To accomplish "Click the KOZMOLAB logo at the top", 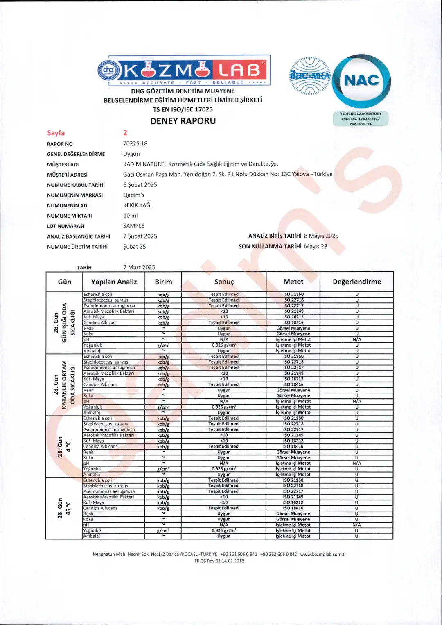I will point(184,70).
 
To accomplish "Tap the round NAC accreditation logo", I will point(361,81).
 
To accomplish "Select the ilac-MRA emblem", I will point(310,76).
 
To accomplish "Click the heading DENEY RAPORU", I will point(183,121).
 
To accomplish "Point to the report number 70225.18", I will point(135,143).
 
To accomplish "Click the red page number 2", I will point(125,133).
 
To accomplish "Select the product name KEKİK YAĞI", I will point(138,205).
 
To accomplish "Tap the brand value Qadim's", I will point(134,195).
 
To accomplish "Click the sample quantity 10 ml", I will point(131,216).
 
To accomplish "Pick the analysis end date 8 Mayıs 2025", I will point(321,236).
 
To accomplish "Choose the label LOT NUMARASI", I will point(65,226).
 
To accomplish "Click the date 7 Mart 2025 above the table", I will point(139,267).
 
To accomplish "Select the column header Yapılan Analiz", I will point(114,282).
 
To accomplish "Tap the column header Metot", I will point(293,282).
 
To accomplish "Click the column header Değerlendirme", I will point(356,282).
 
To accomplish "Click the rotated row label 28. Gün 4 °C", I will point(64,446).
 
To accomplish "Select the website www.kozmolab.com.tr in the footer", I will point(323,554).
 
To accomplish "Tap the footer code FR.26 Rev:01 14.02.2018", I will point(219,561).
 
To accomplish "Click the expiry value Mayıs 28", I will point(316,246).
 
